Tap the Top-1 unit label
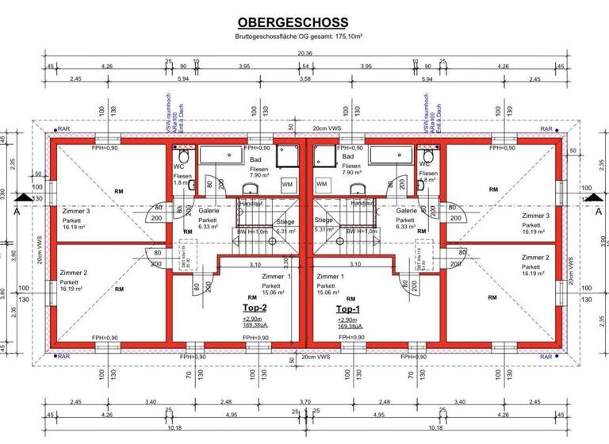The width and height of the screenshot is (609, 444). click(x=349, y=308)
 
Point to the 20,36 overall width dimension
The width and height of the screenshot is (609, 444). click(x=304, y=53)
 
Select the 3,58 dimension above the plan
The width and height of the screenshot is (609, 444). click(x=304, y=79)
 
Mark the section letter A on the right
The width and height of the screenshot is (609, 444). click(x=598, y=212)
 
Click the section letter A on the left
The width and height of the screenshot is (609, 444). click(x=15, y=212)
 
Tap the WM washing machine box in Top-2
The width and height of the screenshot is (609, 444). click(x=286, y=183)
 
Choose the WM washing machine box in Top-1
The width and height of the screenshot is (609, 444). click(x=323, y=183)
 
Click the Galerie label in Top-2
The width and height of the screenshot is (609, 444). click(x=209, y=211)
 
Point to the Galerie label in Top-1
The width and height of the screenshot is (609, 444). click(x=406, y=211)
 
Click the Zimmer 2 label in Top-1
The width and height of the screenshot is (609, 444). click(x=535, y=258)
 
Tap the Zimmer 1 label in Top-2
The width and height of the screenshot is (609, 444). click(x=276, y=276)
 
